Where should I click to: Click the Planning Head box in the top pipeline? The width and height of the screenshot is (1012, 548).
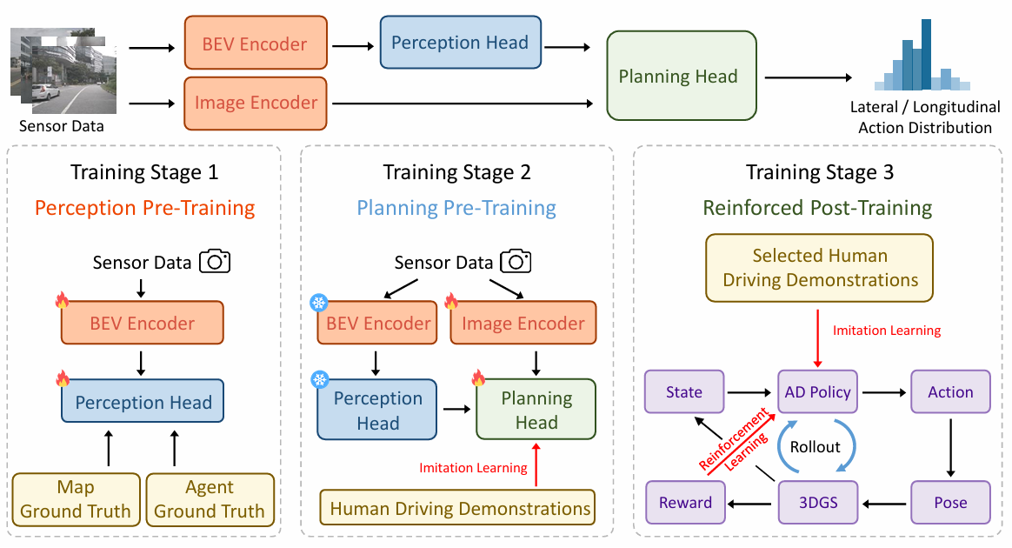pyautogui.click(x=678, y=76)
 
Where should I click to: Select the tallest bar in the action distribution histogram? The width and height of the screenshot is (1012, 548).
pyautogui.click(x=926, y=54)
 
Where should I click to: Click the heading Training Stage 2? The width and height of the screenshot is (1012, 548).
pyautogui.click(x=456, y=172)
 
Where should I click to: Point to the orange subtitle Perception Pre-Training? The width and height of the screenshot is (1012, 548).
pyautogui.click(x=144, y=208)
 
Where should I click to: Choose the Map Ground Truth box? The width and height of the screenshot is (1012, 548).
pyautogui.click(x=76, y=499)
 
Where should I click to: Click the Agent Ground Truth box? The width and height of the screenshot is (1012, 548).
pyautogui.click(x=209, y=499)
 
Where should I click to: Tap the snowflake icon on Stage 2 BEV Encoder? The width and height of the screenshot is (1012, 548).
pyautogui.click(x=318, y=303)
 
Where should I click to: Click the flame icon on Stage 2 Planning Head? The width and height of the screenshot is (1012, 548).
pyautogui.click(x=478, y=378)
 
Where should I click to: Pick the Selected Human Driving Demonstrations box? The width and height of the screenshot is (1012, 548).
pyautogui.click(x=819, y=268)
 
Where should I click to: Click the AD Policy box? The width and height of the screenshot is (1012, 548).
pyautogui.click(x=817, y=391)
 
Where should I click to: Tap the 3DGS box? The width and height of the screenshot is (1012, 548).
pyautogui.click(x=817, y=502)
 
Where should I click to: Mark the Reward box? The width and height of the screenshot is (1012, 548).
pyautogui.click(x=685, y=502)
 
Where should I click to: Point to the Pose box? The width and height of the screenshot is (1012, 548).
pyautogui.click(x=949, y=502)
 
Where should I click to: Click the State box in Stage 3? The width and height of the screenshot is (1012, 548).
pyautogui.click(x=683, y=391)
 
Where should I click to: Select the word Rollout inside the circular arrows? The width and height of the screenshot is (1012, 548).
pyautogui.click(x=816, y=446)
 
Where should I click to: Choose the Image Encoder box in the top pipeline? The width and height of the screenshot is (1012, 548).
pyautogui.click(x=256, y=103)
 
